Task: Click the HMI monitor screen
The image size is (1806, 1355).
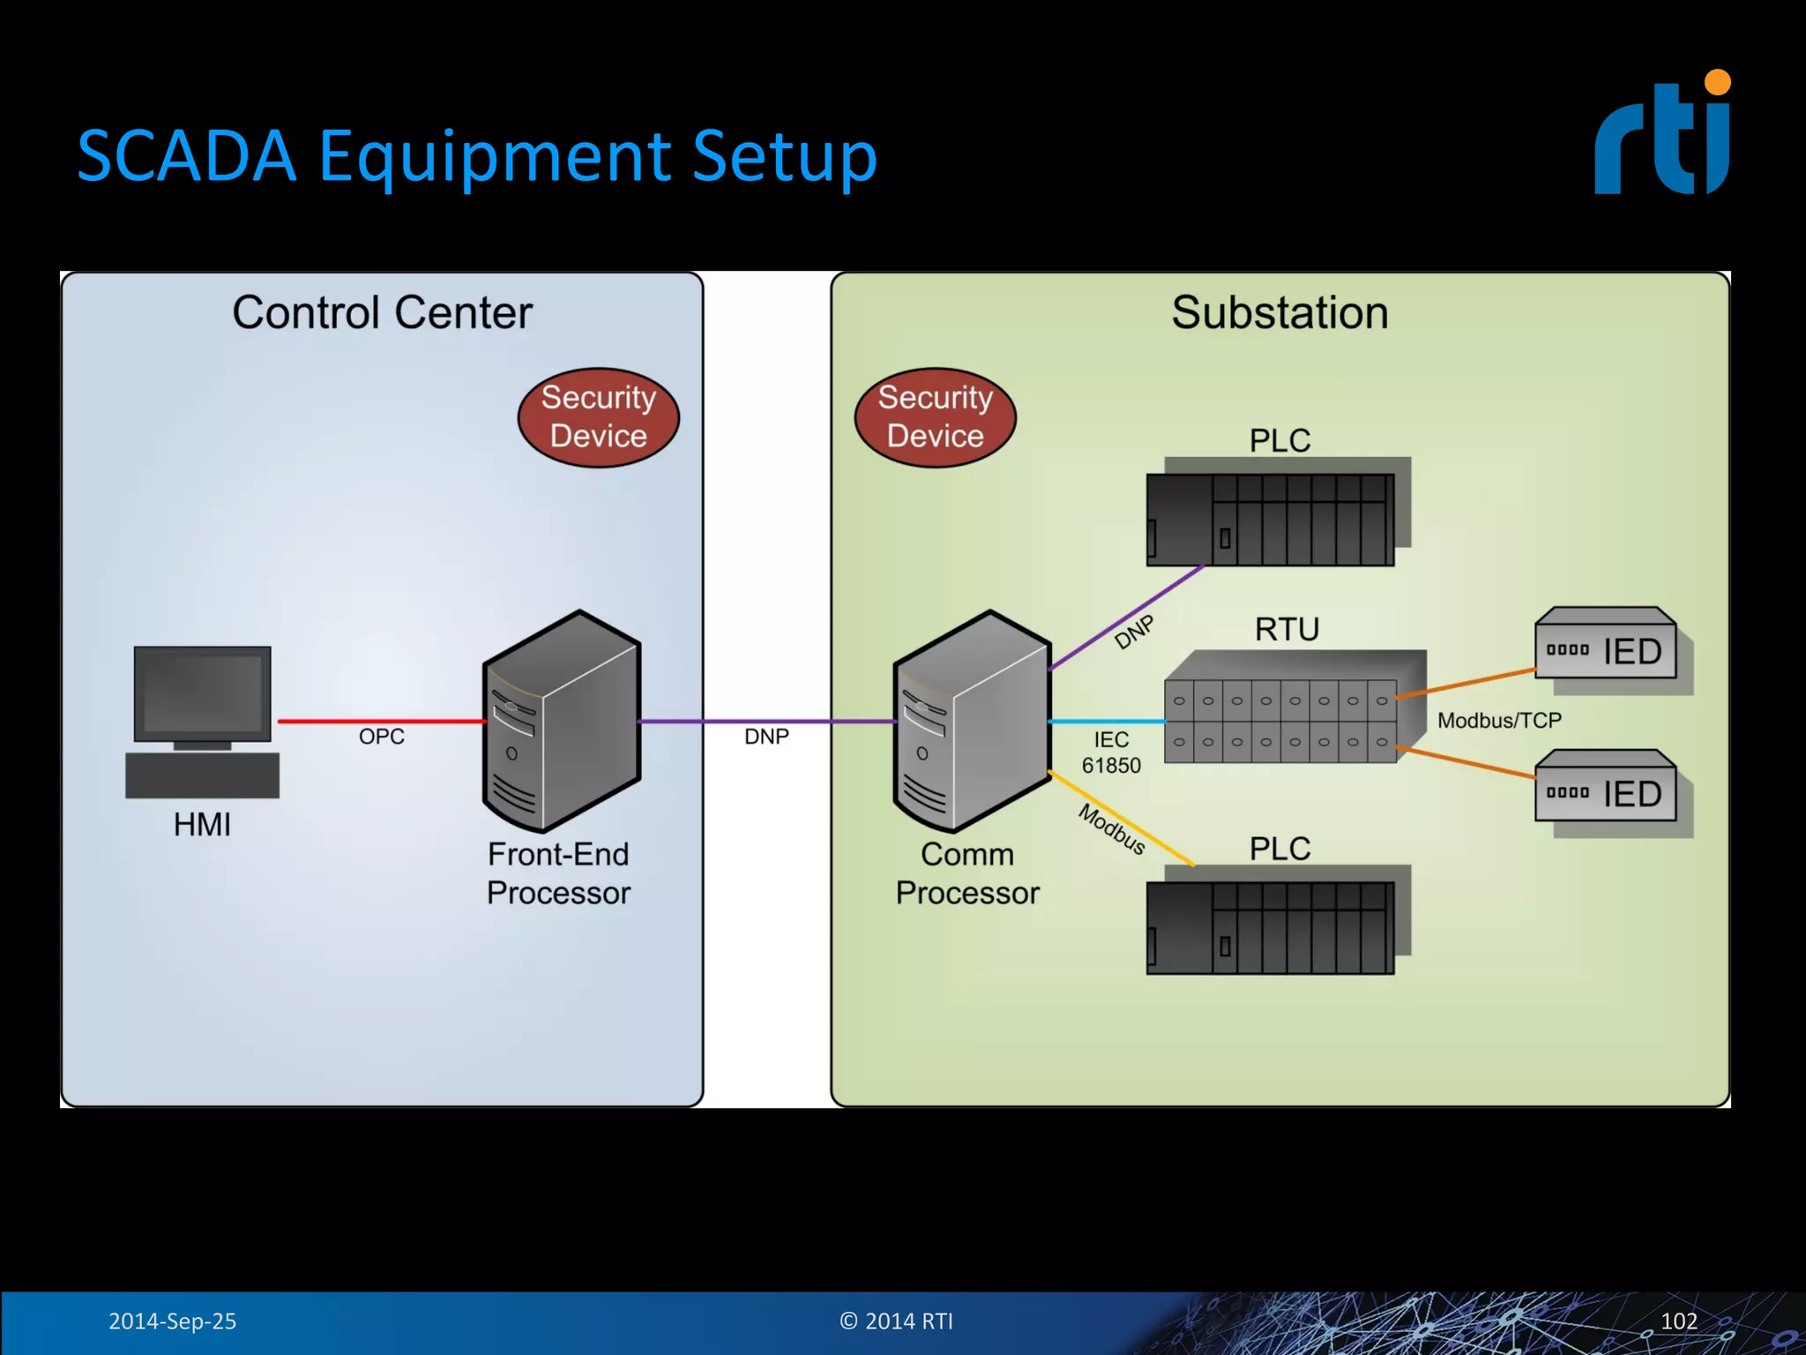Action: (202, 693)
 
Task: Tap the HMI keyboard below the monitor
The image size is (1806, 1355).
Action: (202, 775)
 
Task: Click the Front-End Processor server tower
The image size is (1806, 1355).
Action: (562, 722)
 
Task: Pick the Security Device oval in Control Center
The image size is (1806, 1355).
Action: (598, 417)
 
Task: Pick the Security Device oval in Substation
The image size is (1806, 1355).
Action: (935, 417)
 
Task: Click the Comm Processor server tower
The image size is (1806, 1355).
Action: (972, 722)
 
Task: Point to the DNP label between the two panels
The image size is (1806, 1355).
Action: (766, 737)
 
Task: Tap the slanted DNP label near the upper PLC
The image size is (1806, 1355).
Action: (1134, 633)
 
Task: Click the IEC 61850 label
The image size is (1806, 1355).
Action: (1111, 752)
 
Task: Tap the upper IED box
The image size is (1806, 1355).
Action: (1605, 650)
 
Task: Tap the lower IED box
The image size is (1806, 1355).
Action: (1605, 792)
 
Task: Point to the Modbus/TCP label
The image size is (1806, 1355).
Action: (1499, 721)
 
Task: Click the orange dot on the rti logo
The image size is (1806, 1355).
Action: (1717, 82)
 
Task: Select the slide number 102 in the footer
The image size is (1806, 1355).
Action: (1678, 1321)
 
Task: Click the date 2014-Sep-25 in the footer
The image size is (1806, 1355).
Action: (172, 1321)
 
